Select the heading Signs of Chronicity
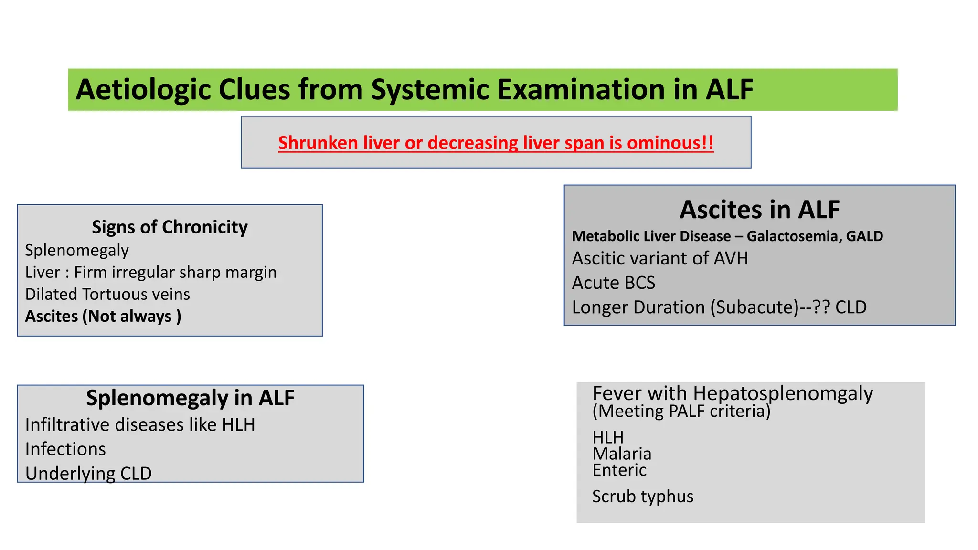(170, 227)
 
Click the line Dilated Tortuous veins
(107, 294)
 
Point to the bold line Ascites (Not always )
(103, 316)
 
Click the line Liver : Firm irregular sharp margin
(150, 272)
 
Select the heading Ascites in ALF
(759, 210)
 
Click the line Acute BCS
(613, 283)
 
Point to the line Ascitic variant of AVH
(659, 258)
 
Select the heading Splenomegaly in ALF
(190, 398)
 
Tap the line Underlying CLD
(88, 473)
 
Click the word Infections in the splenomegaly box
(65, 449)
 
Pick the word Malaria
(622, 454)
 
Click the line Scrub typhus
(642, 497)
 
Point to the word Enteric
(619, 470)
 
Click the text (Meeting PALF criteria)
(681, 411)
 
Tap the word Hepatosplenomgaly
(783, 393)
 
